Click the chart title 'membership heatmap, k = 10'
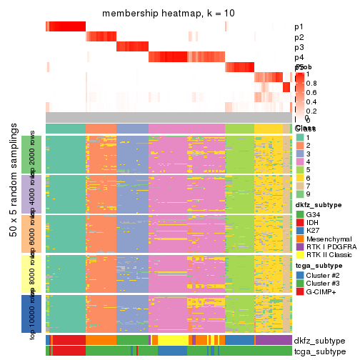169,14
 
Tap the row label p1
299,27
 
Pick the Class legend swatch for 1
300,138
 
